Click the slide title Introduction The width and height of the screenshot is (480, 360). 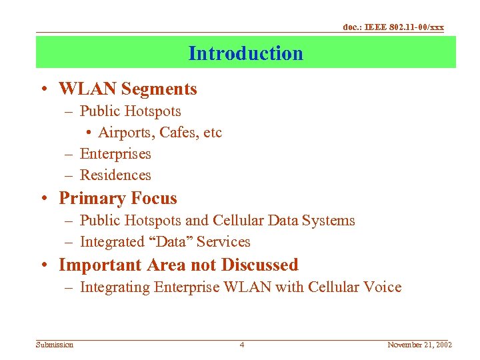tap(245, 53)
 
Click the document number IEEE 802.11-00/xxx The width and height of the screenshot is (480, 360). tap(393, 27)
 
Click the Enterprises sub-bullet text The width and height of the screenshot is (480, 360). tap(115, 154)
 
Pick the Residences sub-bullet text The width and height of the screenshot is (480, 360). tap(115, 175)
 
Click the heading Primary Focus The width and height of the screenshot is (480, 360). tap(118, 198)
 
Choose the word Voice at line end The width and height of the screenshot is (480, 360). tap(383, 287)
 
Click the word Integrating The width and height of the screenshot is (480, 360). tap(114, 287)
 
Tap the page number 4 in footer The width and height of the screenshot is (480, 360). tap(242, 345)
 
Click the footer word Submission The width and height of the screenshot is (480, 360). tap(55, 345)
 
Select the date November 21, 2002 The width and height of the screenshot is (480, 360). tap(420, 345)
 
